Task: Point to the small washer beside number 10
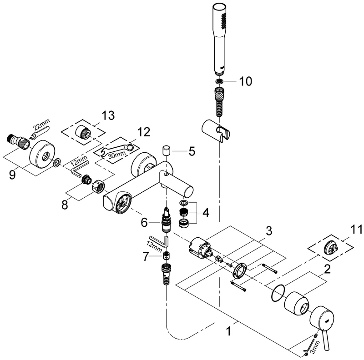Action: [x=220, y=81]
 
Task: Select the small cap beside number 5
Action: [x=166, y=151]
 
